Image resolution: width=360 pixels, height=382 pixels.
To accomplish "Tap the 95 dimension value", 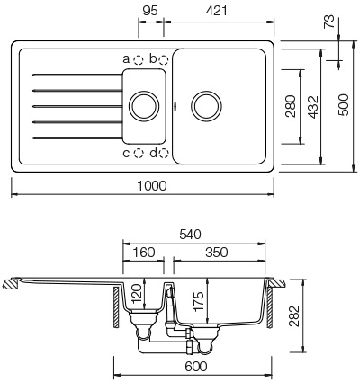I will (152, 12).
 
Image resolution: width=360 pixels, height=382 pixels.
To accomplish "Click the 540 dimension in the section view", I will (191, 235).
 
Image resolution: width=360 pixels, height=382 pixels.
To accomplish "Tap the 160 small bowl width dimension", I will (143, 253).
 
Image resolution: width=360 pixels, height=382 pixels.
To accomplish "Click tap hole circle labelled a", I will (139, 59).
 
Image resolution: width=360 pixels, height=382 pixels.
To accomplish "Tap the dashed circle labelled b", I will (164, 59).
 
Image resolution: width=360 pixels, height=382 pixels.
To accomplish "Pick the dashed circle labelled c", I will (139, 153).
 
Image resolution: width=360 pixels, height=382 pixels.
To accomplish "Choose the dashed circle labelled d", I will (164, 153).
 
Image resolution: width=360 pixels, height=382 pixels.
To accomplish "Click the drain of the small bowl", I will (143, 104).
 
